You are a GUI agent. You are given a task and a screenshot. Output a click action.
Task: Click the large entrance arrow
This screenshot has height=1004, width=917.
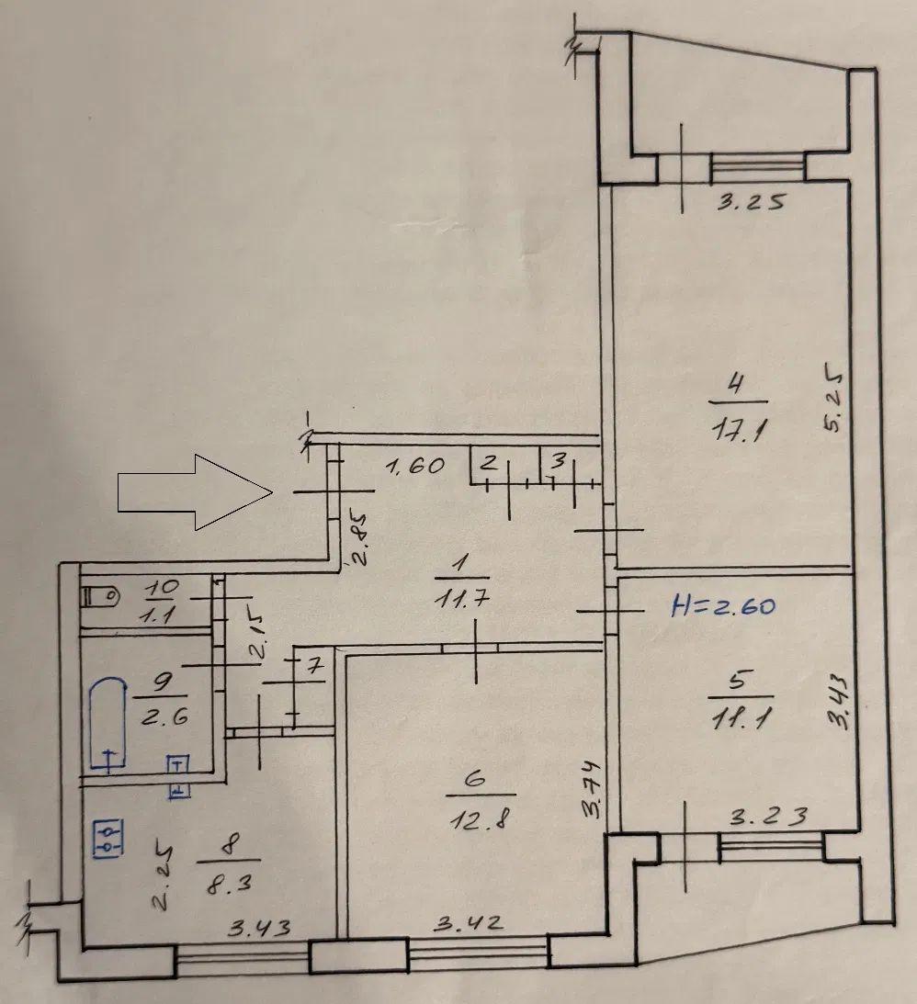195,492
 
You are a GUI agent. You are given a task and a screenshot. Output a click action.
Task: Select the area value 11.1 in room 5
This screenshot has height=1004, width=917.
741,720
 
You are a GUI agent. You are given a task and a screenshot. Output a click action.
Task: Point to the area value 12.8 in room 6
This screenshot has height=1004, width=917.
481,818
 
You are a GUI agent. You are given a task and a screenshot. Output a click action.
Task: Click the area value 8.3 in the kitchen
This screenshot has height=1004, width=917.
230,885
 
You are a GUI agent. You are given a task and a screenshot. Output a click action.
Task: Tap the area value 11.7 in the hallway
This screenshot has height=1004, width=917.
461,599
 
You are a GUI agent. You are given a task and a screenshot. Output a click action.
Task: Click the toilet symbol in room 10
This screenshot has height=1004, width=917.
100,597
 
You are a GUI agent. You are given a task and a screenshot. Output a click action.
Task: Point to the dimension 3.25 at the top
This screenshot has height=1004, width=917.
751,202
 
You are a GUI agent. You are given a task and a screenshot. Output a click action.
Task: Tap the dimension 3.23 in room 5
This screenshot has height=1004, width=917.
768,817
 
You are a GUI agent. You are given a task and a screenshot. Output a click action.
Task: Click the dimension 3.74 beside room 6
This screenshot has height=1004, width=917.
594,789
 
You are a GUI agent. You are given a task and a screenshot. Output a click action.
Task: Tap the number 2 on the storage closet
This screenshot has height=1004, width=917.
489,462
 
